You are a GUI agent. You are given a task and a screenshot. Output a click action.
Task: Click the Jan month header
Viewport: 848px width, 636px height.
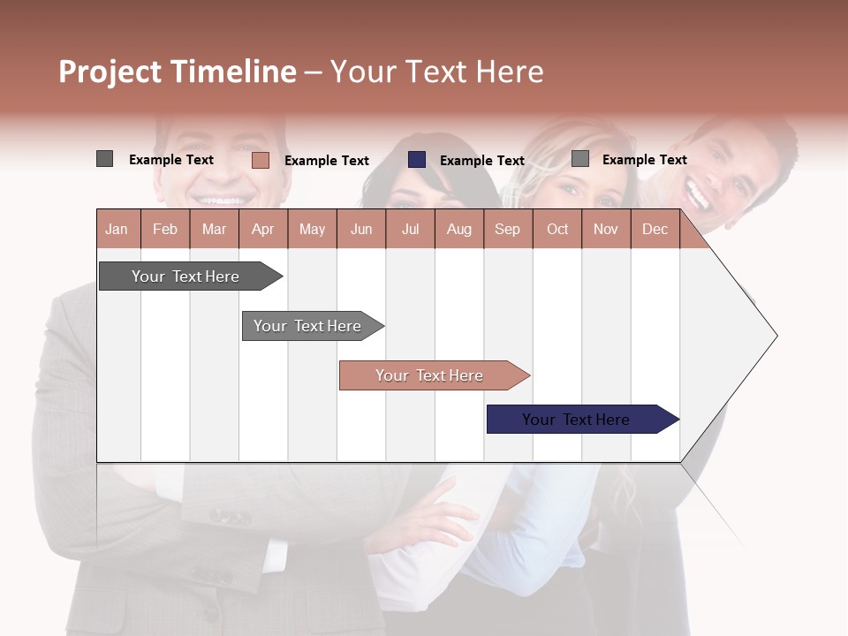117,229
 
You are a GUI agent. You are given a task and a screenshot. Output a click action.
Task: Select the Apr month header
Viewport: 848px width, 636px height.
263,229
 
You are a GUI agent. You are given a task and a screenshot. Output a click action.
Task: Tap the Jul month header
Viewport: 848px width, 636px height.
410,229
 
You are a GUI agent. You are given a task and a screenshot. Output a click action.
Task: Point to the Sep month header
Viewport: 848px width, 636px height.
508,229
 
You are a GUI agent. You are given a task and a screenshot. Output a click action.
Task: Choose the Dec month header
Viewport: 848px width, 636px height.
655,229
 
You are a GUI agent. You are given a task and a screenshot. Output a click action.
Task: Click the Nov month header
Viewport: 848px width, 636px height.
606,229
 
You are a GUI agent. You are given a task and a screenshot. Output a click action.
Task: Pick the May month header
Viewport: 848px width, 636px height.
312,229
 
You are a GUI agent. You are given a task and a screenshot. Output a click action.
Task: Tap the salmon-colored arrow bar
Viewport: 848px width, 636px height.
431,375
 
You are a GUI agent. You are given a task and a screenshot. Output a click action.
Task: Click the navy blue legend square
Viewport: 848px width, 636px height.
417,160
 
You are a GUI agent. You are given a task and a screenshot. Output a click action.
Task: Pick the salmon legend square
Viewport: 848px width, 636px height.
260,160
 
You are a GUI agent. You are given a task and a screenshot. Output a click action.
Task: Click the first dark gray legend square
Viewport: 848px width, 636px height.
104,159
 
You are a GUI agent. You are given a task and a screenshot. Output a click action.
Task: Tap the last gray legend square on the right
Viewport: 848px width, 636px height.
580,159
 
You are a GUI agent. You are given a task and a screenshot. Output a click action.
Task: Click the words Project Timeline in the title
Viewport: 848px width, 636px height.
177,72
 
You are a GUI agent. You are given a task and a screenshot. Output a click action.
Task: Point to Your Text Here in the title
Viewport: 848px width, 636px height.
436,72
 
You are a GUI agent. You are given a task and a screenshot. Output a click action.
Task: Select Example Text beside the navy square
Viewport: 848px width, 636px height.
482,161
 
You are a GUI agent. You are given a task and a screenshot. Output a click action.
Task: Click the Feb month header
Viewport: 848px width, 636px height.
165,229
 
